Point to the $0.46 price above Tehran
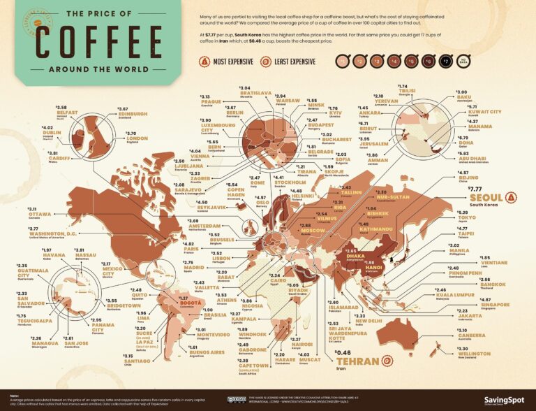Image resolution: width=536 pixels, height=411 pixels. coord(344,352)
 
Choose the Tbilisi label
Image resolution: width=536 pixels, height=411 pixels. coord(408,91)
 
